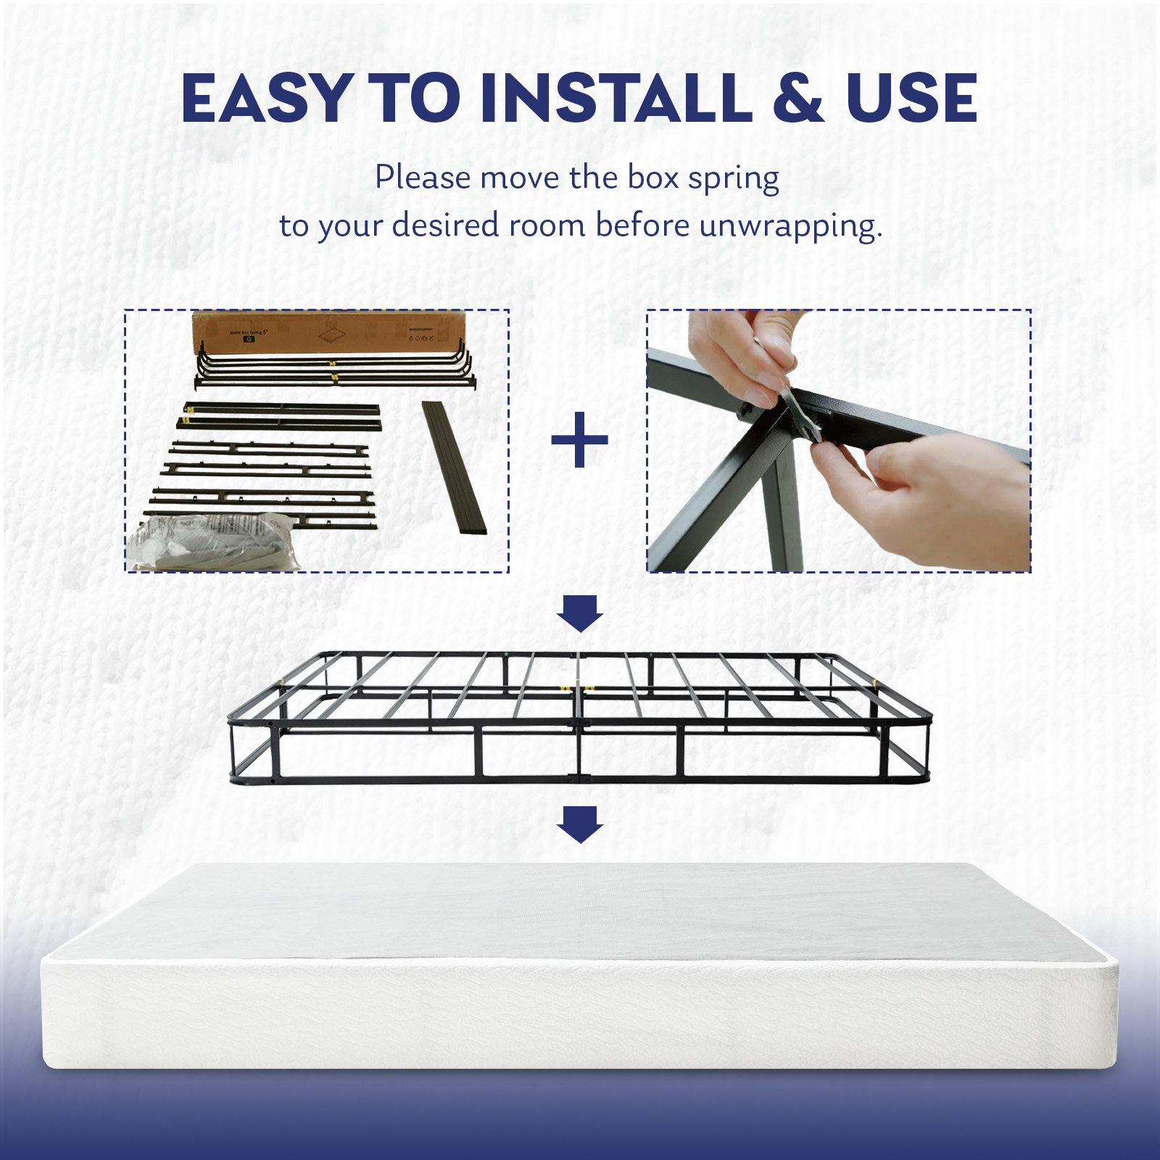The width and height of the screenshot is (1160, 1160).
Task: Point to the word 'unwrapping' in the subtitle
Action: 790,227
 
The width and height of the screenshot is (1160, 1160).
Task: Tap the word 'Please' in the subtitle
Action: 423,178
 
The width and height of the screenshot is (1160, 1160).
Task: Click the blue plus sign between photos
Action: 579,439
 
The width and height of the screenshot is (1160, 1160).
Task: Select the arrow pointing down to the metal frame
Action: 579,613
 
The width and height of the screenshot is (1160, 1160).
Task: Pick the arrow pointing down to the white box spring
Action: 579,824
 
